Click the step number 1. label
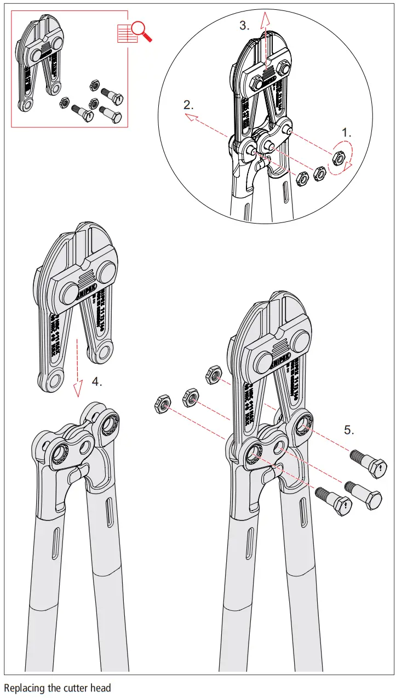(x=347, y=133)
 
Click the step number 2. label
(x=189, y=105)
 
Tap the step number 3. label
(x=245, y=25)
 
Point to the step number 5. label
(x=349, y=430)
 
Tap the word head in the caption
(x=101, y=688)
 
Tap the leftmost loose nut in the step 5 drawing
(x=162, y=405)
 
